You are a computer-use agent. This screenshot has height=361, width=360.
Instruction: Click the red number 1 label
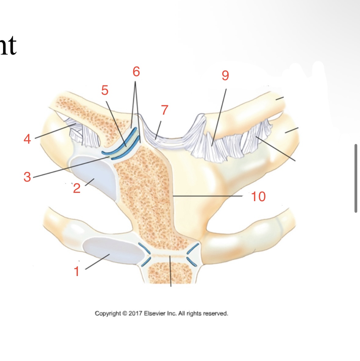point(77,271)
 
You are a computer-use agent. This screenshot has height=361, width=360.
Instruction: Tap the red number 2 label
point(77,188)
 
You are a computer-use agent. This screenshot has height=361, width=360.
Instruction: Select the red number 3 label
point(27,177)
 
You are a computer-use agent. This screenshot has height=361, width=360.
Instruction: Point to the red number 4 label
point(27,139)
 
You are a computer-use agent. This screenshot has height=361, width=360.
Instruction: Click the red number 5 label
point(105,90)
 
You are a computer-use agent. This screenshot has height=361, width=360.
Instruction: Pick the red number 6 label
point(136,72)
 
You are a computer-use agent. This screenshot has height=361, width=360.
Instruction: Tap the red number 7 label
point(165,110)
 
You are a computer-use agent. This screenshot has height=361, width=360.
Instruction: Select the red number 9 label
point(225,76)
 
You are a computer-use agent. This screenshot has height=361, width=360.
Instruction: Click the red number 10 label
point(258,197)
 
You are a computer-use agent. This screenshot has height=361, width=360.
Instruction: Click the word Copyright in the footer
point(108,313)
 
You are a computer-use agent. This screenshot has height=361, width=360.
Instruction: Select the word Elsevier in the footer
point(155,313)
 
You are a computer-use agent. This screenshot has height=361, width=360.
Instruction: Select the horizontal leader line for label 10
point(208,195)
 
